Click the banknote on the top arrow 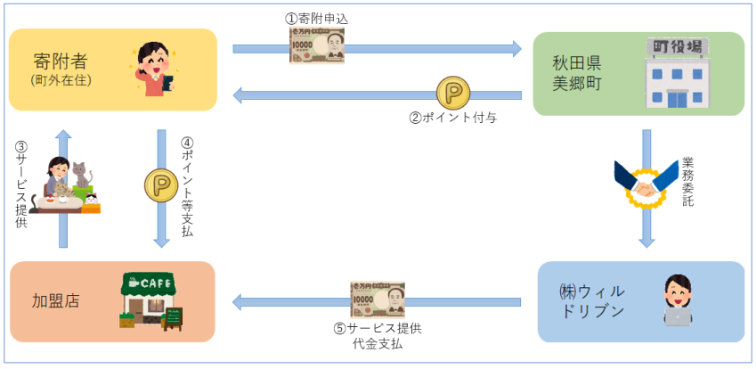click(317, 45)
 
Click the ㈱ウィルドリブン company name click(593, 301)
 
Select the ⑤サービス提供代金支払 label click(378, 335)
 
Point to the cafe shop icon click(152, 299)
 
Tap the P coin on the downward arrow click(161, 185)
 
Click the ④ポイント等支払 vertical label click(187, 185)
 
